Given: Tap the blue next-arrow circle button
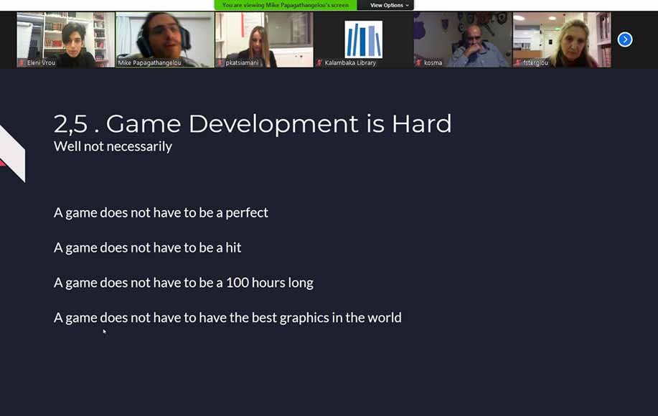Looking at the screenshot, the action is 625,39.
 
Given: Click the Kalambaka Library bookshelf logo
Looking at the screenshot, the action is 363,39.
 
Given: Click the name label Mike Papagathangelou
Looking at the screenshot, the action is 149,63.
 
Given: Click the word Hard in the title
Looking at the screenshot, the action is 421,123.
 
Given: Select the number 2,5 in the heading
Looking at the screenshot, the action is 70,124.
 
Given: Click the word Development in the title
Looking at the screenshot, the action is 232,125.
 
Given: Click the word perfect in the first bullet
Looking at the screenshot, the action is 247,212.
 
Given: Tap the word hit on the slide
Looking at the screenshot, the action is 233,247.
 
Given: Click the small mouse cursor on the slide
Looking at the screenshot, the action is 105,331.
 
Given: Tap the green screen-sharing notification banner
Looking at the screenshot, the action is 286,5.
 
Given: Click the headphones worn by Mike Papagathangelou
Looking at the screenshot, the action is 143,42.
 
